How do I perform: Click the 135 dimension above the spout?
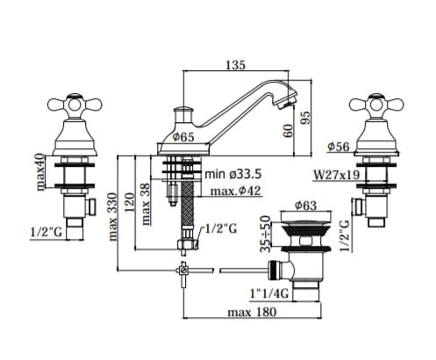235,65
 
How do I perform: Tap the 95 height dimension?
305,118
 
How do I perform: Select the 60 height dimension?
288,131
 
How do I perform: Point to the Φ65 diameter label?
182,137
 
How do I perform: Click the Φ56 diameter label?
339,147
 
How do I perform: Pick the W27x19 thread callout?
336,175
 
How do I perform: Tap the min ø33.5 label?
232,174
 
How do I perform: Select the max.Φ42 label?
235,191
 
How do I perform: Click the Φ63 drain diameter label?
305,205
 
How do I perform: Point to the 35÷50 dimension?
266,234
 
